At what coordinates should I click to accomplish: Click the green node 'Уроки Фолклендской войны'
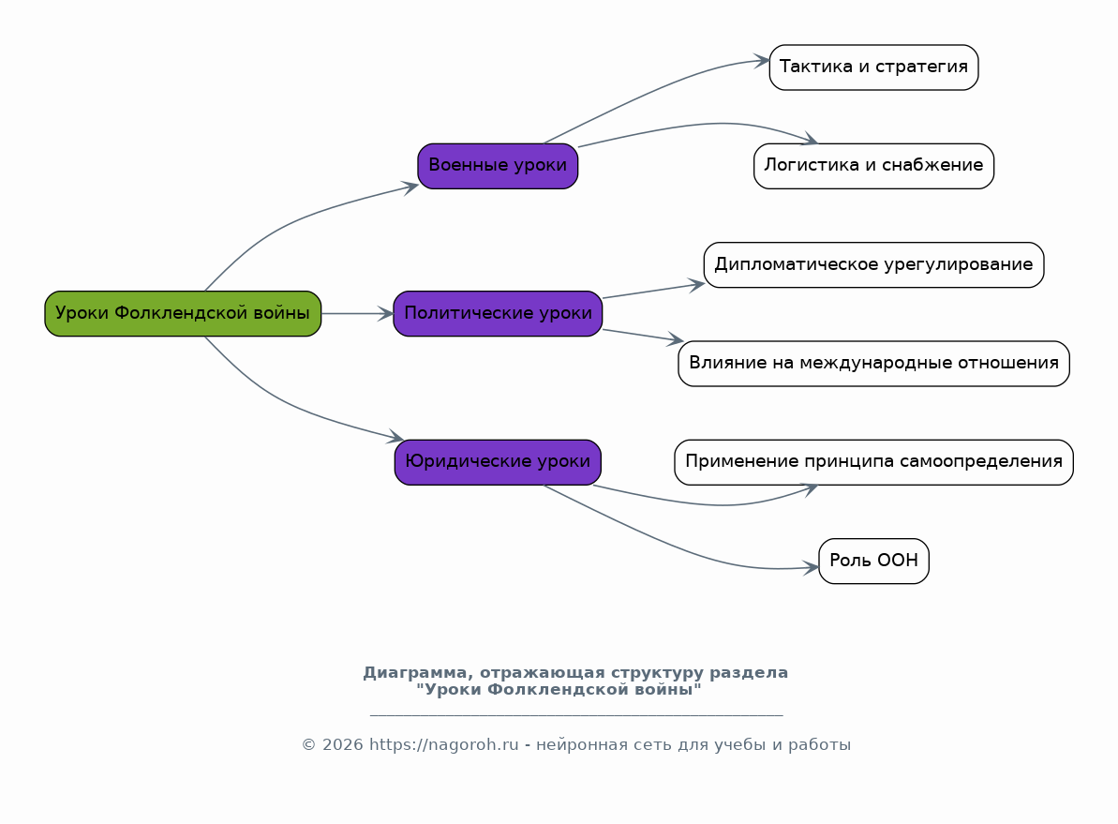point(183,313)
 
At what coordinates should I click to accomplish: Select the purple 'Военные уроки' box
point(498,166)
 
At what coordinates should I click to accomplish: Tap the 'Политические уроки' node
point(498,313)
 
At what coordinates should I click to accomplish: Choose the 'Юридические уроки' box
point(498,462)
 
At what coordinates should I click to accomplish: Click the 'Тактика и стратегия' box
point(873,67)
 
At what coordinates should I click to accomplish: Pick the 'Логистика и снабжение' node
point(873,166)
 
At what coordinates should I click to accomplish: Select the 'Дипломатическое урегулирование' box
point(873,264)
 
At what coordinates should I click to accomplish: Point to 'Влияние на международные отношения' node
point(873,364)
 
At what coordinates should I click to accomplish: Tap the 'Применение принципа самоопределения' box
point(873,462)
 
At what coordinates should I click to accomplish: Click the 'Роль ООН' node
point(873,561)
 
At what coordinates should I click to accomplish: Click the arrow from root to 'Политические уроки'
point(357,313)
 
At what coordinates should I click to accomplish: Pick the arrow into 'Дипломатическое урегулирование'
point(654,291)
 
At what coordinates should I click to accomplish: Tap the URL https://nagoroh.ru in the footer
point(443,745)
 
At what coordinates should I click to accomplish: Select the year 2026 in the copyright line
point(342,745)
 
